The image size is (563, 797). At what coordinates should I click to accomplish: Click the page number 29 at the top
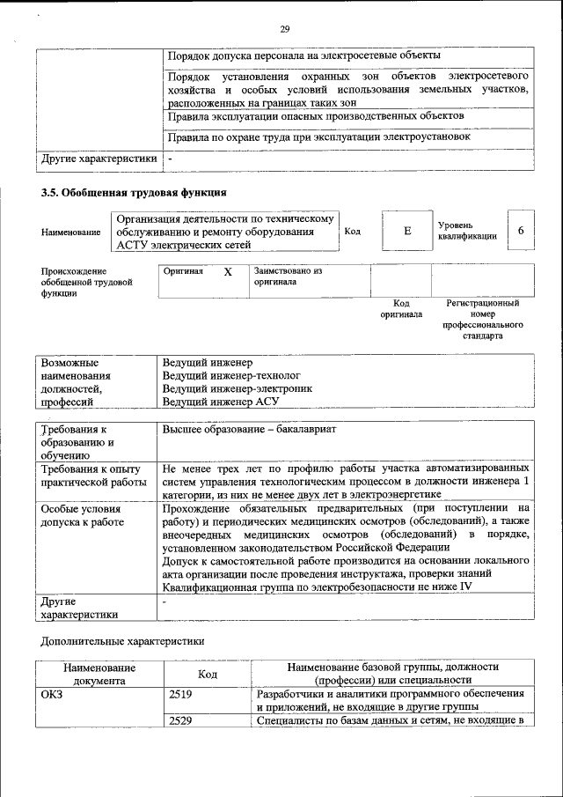[284, 30]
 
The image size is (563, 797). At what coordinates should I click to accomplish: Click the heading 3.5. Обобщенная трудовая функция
[134, 192]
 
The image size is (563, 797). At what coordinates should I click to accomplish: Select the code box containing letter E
[407, 231]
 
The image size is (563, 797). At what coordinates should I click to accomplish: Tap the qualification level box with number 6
[521, 231]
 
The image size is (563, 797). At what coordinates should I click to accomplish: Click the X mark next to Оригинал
[227, 272]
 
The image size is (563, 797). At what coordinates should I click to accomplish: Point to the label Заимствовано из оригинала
[288, 277]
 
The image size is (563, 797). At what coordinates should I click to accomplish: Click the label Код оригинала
[401, 308]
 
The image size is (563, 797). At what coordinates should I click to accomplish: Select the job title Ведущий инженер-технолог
[225, 375]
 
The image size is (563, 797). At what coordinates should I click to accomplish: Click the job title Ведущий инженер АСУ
[220, 402]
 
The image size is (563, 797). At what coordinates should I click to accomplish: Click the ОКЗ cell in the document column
[53, 695]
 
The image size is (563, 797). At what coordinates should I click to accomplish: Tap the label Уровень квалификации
[467, 231]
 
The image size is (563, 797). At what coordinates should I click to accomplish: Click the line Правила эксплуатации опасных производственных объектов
[315, 116]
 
